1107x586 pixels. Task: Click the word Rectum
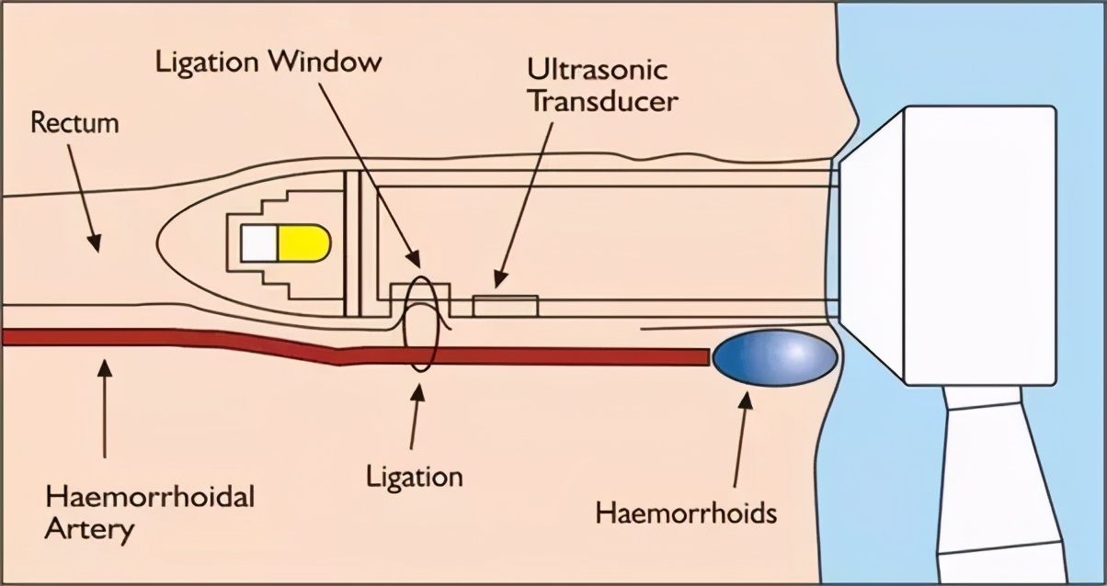pyautogui.click(x=74, y=123)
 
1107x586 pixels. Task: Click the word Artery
pyautogui.click(x=89, y=530)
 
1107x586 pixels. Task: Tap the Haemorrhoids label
pyautogui.click(x=686, y=512)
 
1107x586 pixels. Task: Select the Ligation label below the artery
pyautogui.click(x=414, y=477)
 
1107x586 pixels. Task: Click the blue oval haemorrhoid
pyautogui.click(x=774, y=358)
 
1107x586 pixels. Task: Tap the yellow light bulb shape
pyautogui.click(x=303, y=242)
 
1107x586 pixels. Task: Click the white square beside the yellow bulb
pyautogui.click(x=258, y=242)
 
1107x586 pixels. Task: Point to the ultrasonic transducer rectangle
pyautogui.click(x=505, y=305)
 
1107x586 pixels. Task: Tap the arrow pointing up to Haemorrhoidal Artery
pyautogui.click(x=105, y=409)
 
